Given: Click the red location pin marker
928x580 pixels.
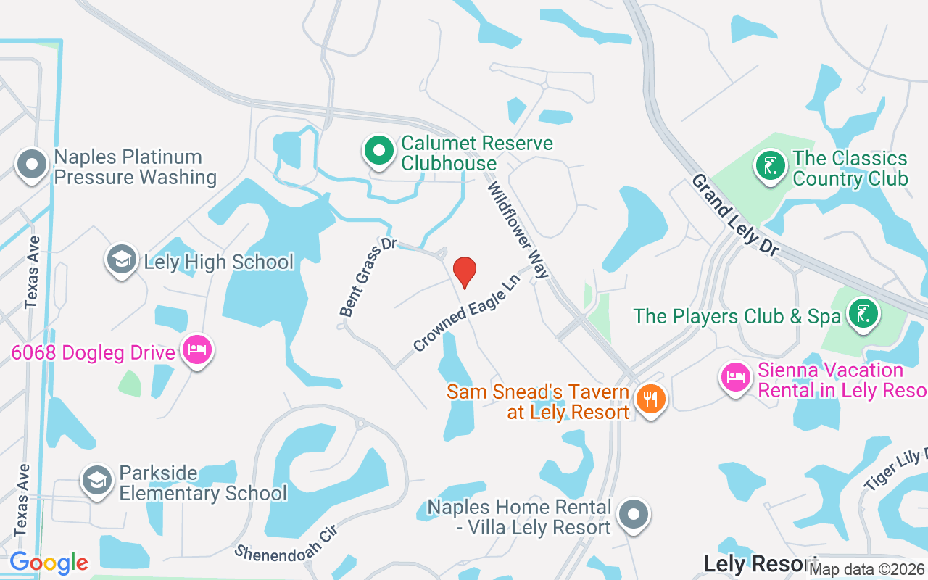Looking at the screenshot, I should click(464, 272).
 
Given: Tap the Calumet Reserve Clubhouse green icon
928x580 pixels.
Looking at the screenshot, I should click(378, 151).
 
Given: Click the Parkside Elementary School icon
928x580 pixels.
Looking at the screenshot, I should click(96, 479).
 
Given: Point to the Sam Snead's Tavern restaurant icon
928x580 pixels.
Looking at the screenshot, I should click(650, 398).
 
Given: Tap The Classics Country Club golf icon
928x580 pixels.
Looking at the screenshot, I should click(769, 165).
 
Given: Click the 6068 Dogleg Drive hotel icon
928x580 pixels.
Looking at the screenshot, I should click(196, 350).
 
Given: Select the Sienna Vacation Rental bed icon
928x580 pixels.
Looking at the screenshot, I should click(736, 378).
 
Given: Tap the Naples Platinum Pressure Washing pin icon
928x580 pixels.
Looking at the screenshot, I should click(32, 164).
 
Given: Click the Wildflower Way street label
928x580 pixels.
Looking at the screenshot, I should click(518, 231).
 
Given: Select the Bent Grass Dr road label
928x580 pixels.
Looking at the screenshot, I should click(368, 276).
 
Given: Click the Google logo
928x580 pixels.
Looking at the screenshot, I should click(49, 563).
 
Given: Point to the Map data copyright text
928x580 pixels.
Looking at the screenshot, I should click(866, 570).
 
